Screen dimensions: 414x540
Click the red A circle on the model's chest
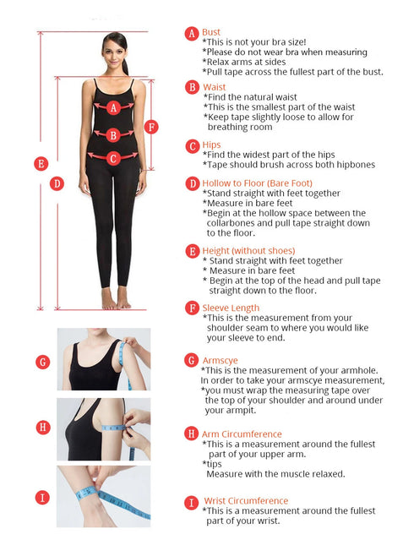pyautogui.click(x=113, y=108)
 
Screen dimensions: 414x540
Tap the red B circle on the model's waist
pyautogui.click(x=113, y=135)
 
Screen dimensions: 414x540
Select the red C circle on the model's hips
pyautogui.click(x=113, y=159)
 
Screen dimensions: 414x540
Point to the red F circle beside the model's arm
pyautogui.click(x=151, y=127)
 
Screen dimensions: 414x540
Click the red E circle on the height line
pyautogui.click(x=41, y=164)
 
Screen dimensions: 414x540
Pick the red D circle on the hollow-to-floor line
pyautogui.click(x=57, y=183)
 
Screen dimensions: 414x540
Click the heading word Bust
pyautogui.click(x=211, y=32)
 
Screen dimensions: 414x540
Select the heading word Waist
pyautogui.click(x=215, y=87)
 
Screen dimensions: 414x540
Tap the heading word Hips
pyautogui.click(x=211, y=145)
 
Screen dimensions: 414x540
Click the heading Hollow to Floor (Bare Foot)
pyautogui.click(x=258, y=183)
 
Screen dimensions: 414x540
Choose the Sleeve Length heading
pyautogui.click(x=231, y=308)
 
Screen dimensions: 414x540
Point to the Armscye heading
pyautogui.click(x=220, y=361)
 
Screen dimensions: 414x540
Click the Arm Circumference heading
pyautogui.click(x=242, y=434)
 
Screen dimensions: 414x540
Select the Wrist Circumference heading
pyautogui.click(x=246, y=501)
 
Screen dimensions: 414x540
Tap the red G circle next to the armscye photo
pyautogui.click(x=43, y=362)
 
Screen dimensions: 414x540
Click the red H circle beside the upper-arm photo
pyautogui.click(x=43, y=428)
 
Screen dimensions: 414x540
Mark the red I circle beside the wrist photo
pyautogui.click(x=43, y=498)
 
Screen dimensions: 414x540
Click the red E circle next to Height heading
pyautogui.click(x=192, y=251)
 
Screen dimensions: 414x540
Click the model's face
pyautogui.click(x=114, y=54)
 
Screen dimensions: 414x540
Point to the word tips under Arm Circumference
pyautogui.click(x=214, y=464)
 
